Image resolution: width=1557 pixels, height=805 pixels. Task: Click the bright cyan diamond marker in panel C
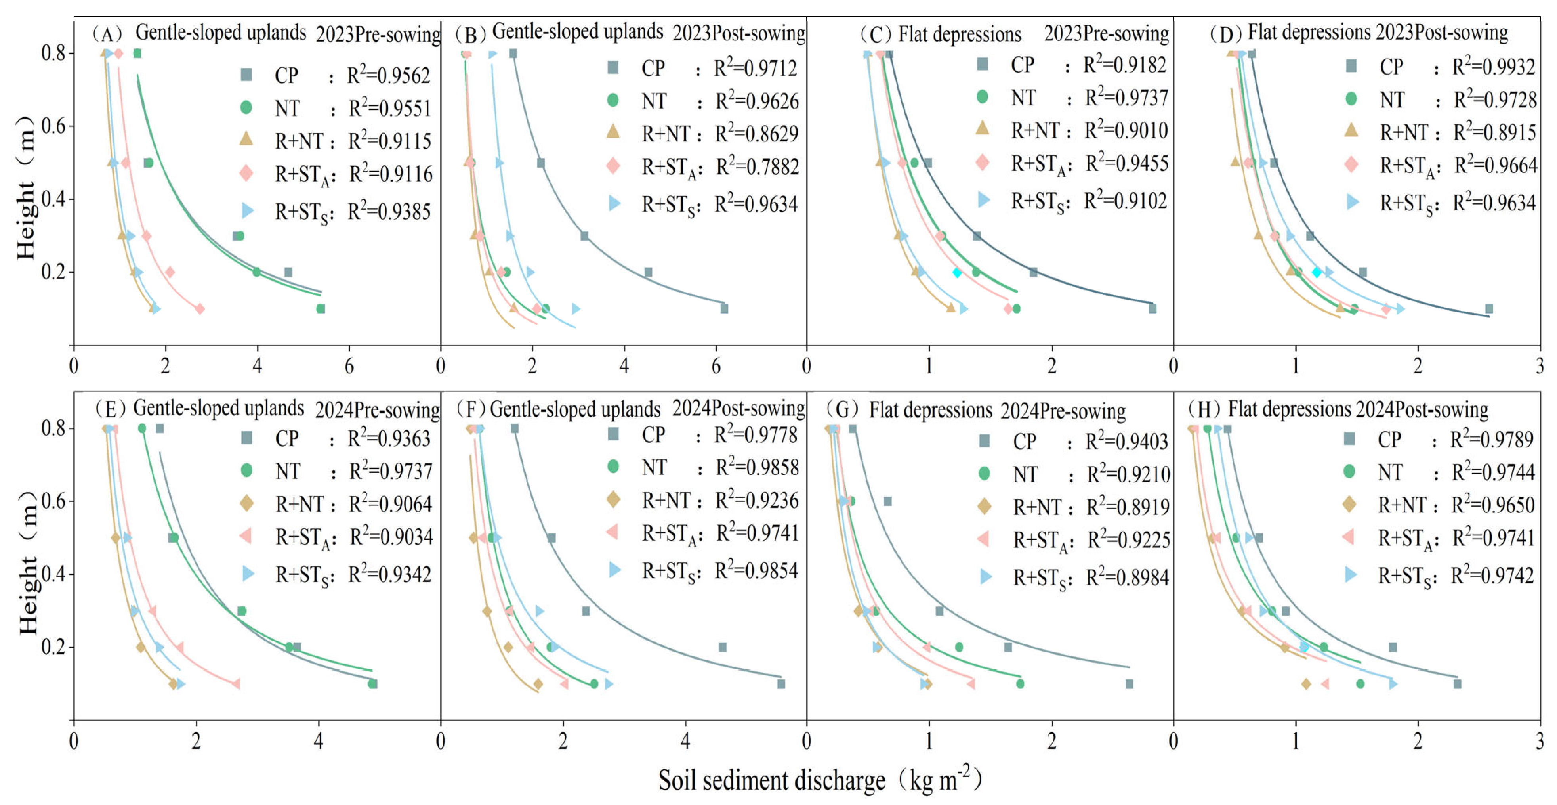(x=957, y=273)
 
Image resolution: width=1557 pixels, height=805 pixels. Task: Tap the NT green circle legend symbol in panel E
(x=246, y=470)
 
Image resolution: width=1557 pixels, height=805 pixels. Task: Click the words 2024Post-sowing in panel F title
(x=738, y=408)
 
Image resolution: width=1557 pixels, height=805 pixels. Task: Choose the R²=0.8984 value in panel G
(x=1127, y=577)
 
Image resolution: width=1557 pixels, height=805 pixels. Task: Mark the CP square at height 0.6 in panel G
(x=887, y=501)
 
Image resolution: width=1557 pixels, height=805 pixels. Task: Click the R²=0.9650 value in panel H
(x=1492, y=505)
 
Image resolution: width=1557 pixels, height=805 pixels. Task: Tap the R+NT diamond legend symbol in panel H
(x=1349, y=504)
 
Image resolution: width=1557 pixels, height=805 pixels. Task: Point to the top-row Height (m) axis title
(x=25, y=187)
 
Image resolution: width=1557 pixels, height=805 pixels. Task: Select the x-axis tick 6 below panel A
(x=349, y=366)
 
